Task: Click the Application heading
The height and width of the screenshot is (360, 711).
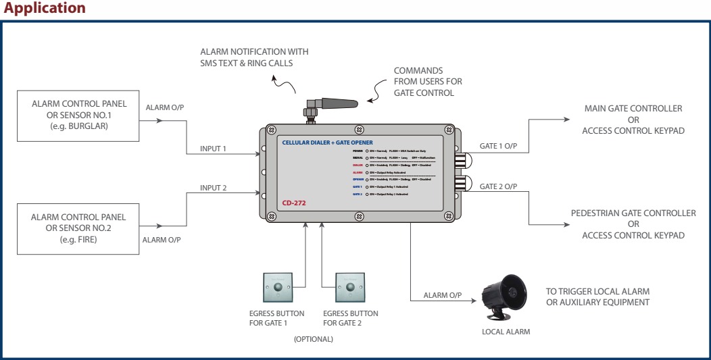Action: coord(45,8)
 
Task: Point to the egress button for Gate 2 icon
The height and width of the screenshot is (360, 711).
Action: coord(350,288)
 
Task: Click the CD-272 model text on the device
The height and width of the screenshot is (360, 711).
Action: coord(294,202)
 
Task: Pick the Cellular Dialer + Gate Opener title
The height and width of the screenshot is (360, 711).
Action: coord(325,143)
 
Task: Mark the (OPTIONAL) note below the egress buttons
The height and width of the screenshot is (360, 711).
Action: coord(314,339)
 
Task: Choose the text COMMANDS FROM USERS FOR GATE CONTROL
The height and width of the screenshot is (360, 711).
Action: coord(428,81)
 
